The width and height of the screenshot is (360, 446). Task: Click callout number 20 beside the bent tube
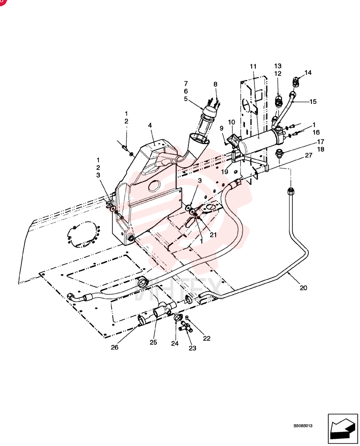click(303, 288)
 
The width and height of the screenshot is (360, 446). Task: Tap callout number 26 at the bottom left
click(115, 347)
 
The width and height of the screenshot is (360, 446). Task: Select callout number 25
click(153, 342)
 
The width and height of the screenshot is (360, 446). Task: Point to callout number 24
click(175, 343)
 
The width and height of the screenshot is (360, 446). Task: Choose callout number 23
click(192, 348)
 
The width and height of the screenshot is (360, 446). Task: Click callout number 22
click(207, 338)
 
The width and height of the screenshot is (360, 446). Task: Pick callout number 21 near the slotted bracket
click(213, 235)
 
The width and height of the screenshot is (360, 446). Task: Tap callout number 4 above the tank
click(150, 125)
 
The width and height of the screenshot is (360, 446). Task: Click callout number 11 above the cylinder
click(253, 66)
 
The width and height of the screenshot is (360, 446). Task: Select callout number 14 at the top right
click(308, 73)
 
